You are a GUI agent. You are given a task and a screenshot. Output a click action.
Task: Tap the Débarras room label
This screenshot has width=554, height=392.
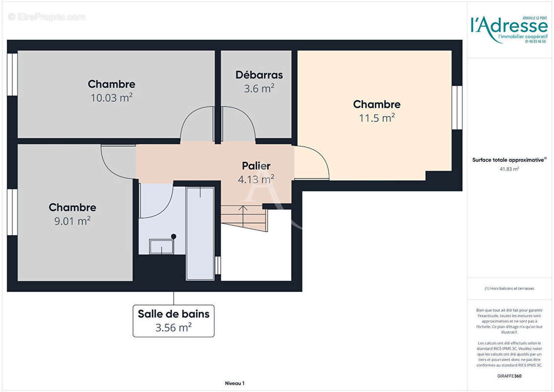point(259,75)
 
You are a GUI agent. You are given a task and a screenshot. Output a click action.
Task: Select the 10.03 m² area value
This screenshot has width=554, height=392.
point(112,98)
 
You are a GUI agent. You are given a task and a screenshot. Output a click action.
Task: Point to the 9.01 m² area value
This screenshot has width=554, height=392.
point(72,221)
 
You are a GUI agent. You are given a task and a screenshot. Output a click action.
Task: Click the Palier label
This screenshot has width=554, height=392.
point(256,166)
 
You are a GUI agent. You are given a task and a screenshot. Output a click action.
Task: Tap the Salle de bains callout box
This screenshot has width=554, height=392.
point(173,320)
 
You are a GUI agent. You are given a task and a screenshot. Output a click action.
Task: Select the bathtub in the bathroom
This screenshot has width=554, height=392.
point(200,233)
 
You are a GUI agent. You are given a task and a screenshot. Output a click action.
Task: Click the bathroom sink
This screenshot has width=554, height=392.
point(161,246)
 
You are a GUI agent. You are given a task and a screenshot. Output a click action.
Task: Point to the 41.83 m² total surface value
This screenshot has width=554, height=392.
point(509,169)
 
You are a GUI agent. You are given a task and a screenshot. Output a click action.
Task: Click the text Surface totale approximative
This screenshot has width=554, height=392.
point(508,160)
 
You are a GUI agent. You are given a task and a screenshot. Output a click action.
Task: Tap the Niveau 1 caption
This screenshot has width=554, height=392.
point(234,383)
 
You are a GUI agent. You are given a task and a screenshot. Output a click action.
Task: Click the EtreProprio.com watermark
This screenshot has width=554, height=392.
point(47,17)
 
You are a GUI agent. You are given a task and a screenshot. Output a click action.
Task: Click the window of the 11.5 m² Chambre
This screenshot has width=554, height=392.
point(457,107)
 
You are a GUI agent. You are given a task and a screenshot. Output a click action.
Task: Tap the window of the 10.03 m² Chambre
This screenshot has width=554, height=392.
point(12,74)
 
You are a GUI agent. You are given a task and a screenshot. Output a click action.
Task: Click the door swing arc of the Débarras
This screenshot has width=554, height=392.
point(240,122)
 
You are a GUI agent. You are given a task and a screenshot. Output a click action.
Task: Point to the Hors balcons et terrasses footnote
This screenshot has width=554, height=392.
point(509,289)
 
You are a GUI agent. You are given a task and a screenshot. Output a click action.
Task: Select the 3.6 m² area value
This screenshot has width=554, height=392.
point(259,89)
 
